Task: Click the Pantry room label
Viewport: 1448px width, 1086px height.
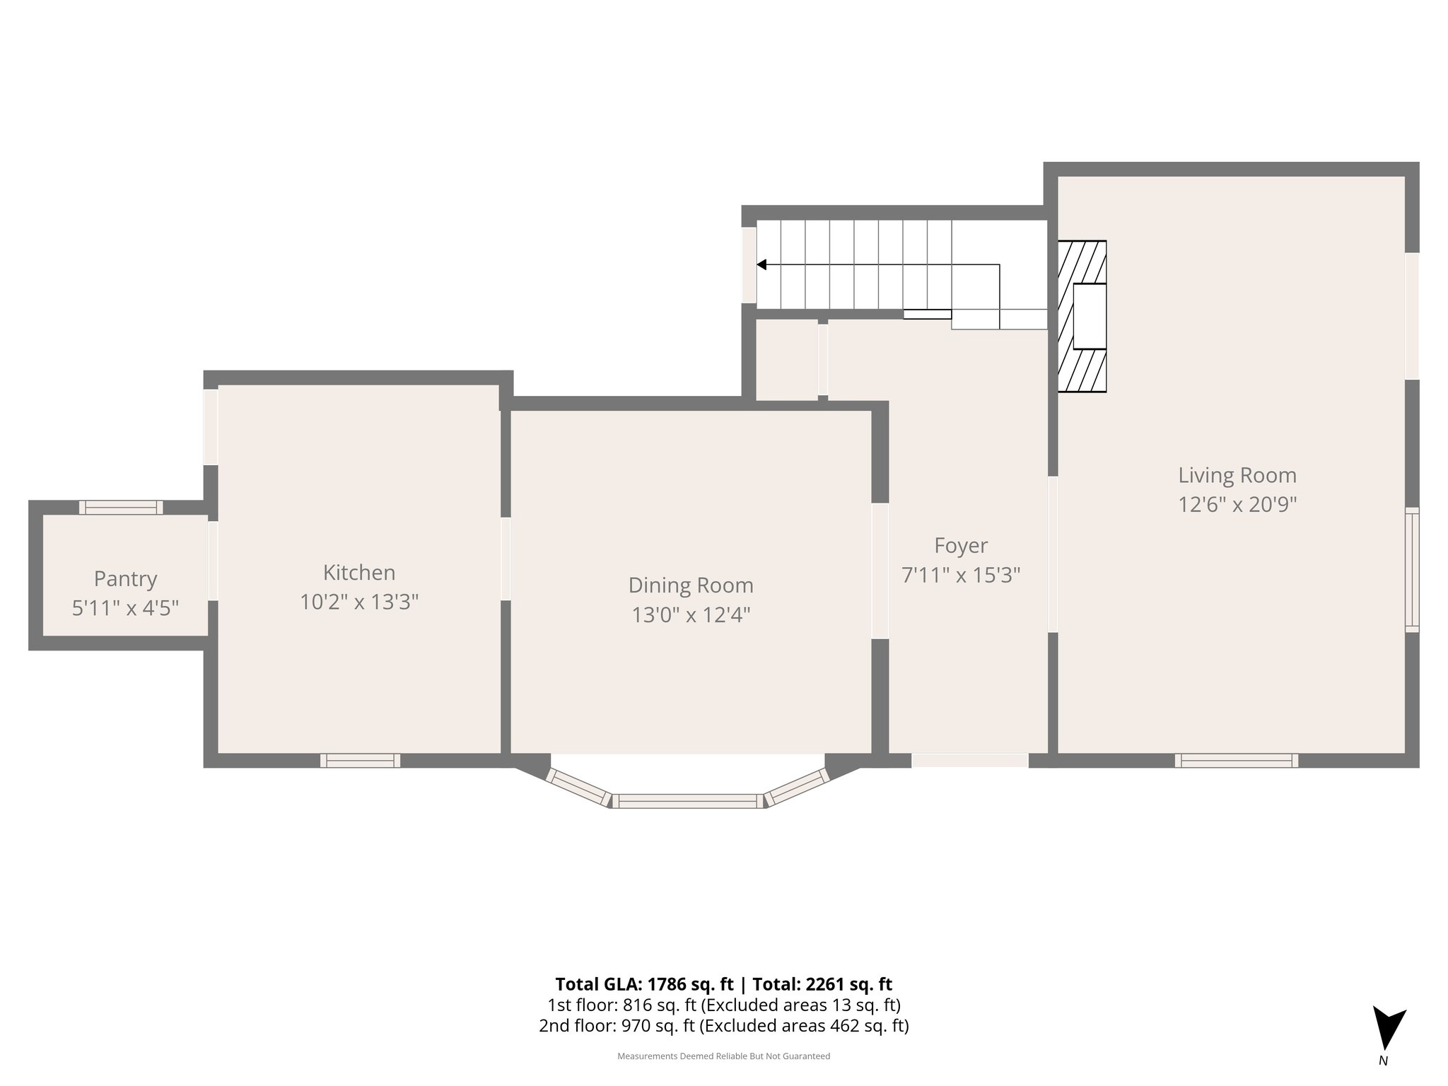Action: coord(125,579)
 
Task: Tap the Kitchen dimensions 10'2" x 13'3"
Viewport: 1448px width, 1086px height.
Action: coord(359,602)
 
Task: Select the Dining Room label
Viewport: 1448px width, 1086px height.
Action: coord(691,585)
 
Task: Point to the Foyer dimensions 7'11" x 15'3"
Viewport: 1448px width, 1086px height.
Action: coord(961,576)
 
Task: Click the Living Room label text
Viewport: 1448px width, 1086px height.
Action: coord(1237,475)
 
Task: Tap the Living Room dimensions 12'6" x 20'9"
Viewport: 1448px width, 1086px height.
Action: coord(1237,505)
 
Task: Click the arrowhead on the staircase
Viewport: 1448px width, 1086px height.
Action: coord(761,264)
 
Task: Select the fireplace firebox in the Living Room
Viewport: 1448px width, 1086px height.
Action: coord(1090,316)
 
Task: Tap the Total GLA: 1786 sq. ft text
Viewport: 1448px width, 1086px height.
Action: coord(644,984)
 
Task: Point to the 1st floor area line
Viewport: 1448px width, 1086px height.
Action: coord(724,1005)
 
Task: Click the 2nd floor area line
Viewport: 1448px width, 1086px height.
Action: coord(724,1026)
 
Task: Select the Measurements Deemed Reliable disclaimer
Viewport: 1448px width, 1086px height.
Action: coord(724,1056)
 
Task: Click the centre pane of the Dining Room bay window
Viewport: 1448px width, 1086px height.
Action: coord(688,801)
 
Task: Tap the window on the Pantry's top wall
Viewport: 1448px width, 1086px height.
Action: coord(121,507)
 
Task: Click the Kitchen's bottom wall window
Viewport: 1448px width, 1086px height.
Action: coord(361,761)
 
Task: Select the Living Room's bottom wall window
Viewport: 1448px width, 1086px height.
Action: coord(1237,761)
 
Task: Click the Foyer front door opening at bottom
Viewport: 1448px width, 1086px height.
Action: coord(969,761)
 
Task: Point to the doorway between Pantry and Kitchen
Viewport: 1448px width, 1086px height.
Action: coord(213,561)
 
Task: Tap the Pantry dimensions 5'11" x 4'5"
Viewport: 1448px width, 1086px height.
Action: coord(125,608)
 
